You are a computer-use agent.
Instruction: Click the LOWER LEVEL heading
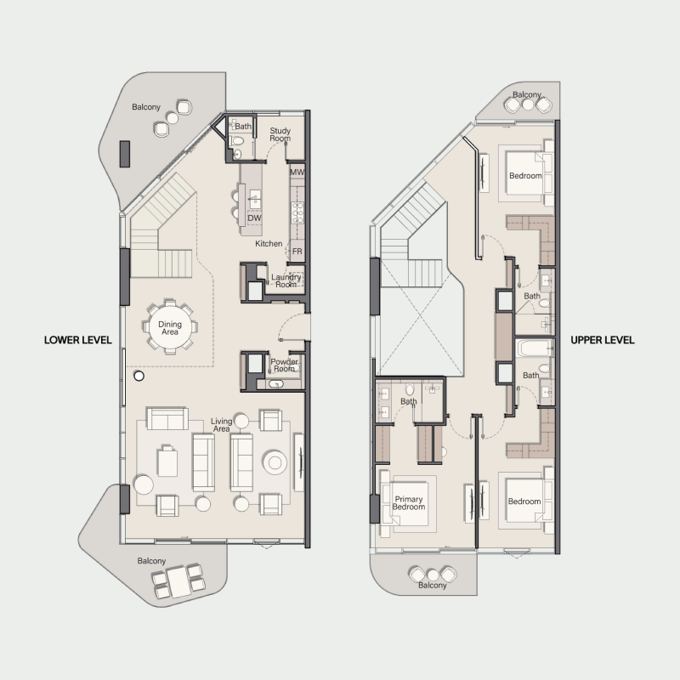[78, 340]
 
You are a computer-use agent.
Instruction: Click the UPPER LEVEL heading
[603, 340]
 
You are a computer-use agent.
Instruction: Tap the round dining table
[169, 327]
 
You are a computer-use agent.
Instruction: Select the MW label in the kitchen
[297, 173]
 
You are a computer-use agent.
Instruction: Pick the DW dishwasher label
[254, 218]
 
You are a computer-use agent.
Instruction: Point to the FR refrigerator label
[297, 252]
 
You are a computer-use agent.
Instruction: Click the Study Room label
[280, 134]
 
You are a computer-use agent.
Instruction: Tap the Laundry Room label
[286, 280]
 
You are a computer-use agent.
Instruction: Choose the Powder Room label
[284, 365]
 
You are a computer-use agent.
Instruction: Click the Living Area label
[221, 425]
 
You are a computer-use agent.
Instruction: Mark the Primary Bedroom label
[409, 503]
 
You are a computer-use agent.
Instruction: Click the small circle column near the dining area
[139, 376]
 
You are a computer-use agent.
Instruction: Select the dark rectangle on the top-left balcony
[125, 154]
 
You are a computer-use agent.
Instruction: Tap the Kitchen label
[269, 244]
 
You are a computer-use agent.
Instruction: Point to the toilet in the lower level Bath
[238, 140]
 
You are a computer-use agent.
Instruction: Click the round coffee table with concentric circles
[275, 462]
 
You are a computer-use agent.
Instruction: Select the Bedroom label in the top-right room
[525, 176]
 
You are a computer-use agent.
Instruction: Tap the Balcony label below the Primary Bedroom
[433, 585]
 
